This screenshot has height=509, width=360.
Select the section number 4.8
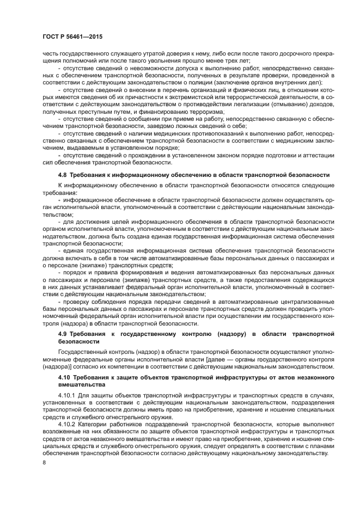click(x=64, y=175)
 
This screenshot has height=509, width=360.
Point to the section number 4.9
click(x=64, y=333)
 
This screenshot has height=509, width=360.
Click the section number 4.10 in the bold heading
click(x=65, y=377)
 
